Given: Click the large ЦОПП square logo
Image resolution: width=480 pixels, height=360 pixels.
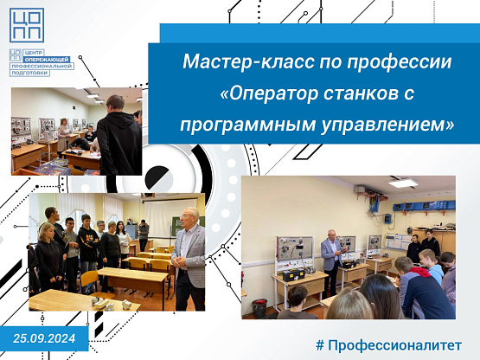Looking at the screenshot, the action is (x=27, y=25).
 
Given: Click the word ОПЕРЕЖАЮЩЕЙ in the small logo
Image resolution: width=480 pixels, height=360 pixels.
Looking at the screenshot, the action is (x=47, y=60).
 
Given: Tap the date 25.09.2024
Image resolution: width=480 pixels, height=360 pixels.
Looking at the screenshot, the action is (x=44, y=338).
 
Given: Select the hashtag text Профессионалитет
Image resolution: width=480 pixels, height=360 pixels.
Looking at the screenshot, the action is (x=394, y=345).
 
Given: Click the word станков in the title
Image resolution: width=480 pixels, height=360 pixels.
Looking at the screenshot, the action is (x=359, y=93).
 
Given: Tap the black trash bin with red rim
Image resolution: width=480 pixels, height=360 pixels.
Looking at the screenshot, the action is (x=259, y=307).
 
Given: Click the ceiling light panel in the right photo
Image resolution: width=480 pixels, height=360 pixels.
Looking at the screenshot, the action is (x=403, y=183).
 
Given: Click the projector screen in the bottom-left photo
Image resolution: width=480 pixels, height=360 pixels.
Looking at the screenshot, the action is (x=170, y=217).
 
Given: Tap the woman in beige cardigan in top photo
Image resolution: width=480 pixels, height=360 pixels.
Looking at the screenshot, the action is (x=63, y=136).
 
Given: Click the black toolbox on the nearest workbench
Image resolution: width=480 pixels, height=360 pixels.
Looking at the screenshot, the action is (x=293, y=275).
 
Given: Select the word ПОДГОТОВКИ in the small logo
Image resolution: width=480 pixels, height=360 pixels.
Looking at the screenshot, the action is (x=29, y=73).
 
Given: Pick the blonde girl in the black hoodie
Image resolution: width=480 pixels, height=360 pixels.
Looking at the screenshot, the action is (x=48, y=258).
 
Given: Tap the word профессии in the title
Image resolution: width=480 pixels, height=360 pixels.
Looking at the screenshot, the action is (x=400, y=62).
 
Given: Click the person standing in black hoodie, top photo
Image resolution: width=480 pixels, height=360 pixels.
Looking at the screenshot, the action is (x=118, y=137).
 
